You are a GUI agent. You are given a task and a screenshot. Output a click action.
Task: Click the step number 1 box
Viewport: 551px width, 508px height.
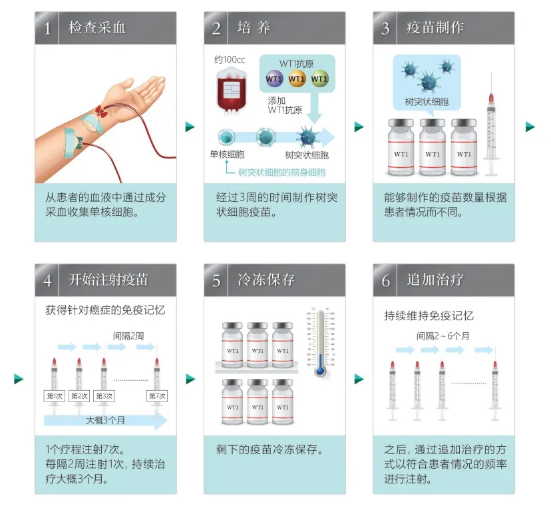point(47,28)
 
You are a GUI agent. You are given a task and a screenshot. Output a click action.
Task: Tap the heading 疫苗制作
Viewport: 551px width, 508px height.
point(435,28)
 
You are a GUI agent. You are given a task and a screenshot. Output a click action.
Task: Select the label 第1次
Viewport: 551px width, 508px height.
point(54,396)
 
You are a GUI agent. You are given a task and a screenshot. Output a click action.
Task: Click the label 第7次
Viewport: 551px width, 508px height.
point(157,396)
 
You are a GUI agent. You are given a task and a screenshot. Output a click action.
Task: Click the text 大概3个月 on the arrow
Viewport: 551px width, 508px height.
point(105,421)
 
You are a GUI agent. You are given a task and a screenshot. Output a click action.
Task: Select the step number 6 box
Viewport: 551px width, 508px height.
point(385,280)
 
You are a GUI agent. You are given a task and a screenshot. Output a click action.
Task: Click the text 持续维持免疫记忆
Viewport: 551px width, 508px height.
point(429,316)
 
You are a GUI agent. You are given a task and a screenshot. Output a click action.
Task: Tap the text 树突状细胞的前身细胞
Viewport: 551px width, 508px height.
point(281,172)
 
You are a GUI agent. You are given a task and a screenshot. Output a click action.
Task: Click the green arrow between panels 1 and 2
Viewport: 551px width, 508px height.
point(190,127)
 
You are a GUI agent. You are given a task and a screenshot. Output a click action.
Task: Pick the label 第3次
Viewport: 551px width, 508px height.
point(104,396)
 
